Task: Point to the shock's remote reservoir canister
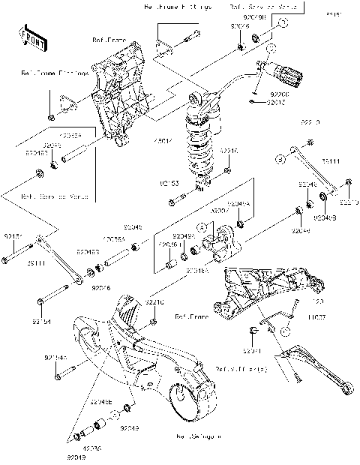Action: coord(288,73)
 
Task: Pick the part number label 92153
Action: coord(168,182)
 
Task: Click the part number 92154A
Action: coord(55,358)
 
